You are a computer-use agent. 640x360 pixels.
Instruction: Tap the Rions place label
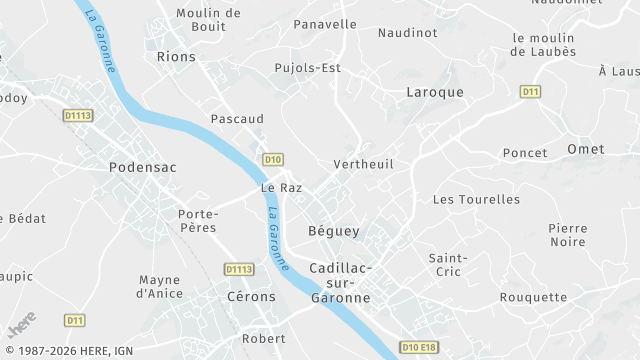click(176, 57)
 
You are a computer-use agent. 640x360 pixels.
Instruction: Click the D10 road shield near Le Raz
click(274, 159)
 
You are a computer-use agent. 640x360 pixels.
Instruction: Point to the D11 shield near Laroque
click(530, 91)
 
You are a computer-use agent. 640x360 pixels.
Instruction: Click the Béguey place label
click(333, 231)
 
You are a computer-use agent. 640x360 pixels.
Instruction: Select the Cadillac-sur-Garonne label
click(340, 283)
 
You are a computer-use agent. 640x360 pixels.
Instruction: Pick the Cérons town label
click(251, 298)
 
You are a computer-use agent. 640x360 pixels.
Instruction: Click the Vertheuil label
click(362, 164)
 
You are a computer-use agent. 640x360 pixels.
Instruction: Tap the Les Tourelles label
click(476, 199)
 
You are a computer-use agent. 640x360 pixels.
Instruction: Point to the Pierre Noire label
click(567, 235)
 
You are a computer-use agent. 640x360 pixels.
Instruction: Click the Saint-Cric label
click(448, 266)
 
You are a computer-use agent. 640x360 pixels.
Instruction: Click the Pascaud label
click(237, 118)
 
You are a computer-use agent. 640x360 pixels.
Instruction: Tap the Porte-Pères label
click(198, 221)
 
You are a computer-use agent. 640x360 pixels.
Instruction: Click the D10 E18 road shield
click(420, 346)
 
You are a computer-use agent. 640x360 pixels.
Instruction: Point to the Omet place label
click(585, 149)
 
